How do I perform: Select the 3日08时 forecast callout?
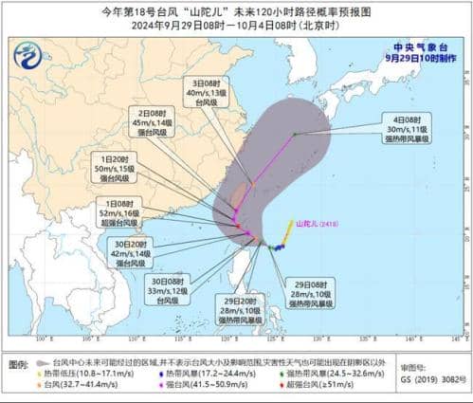tap(200, 94)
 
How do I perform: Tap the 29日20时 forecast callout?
tap(216, 310)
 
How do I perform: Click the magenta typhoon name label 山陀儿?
tap(317, 225)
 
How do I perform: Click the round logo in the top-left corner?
tap(27, 56)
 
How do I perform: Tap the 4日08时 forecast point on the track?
tap(295, 134)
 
